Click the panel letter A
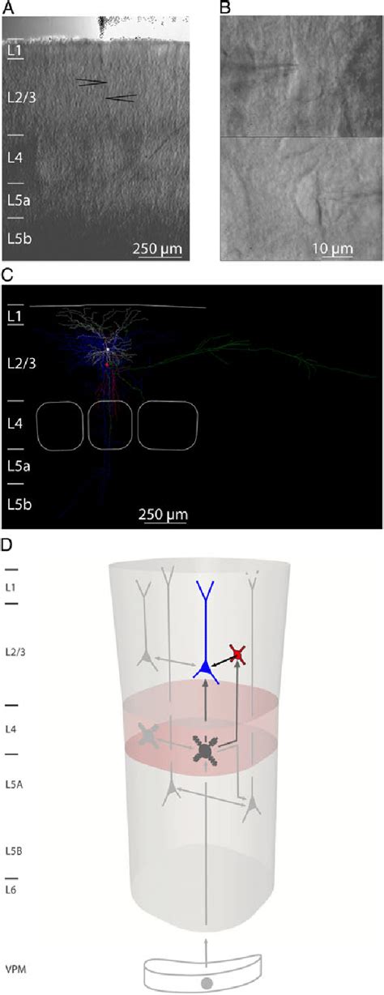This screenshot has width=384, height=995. pos(7,7)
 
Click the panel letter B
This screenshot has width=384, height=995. pos(225,7)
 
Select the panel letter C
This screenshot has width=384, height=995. pos(7,275)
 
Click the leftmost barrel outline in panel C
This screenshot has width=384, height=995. pos(61,425)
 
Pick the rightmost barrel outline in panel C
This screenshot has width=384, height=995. pos(167,425)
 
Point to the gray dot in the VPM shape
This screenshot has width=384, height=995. pos(207,983)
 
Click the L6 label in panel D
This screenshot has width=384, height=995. pos(14,890)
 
